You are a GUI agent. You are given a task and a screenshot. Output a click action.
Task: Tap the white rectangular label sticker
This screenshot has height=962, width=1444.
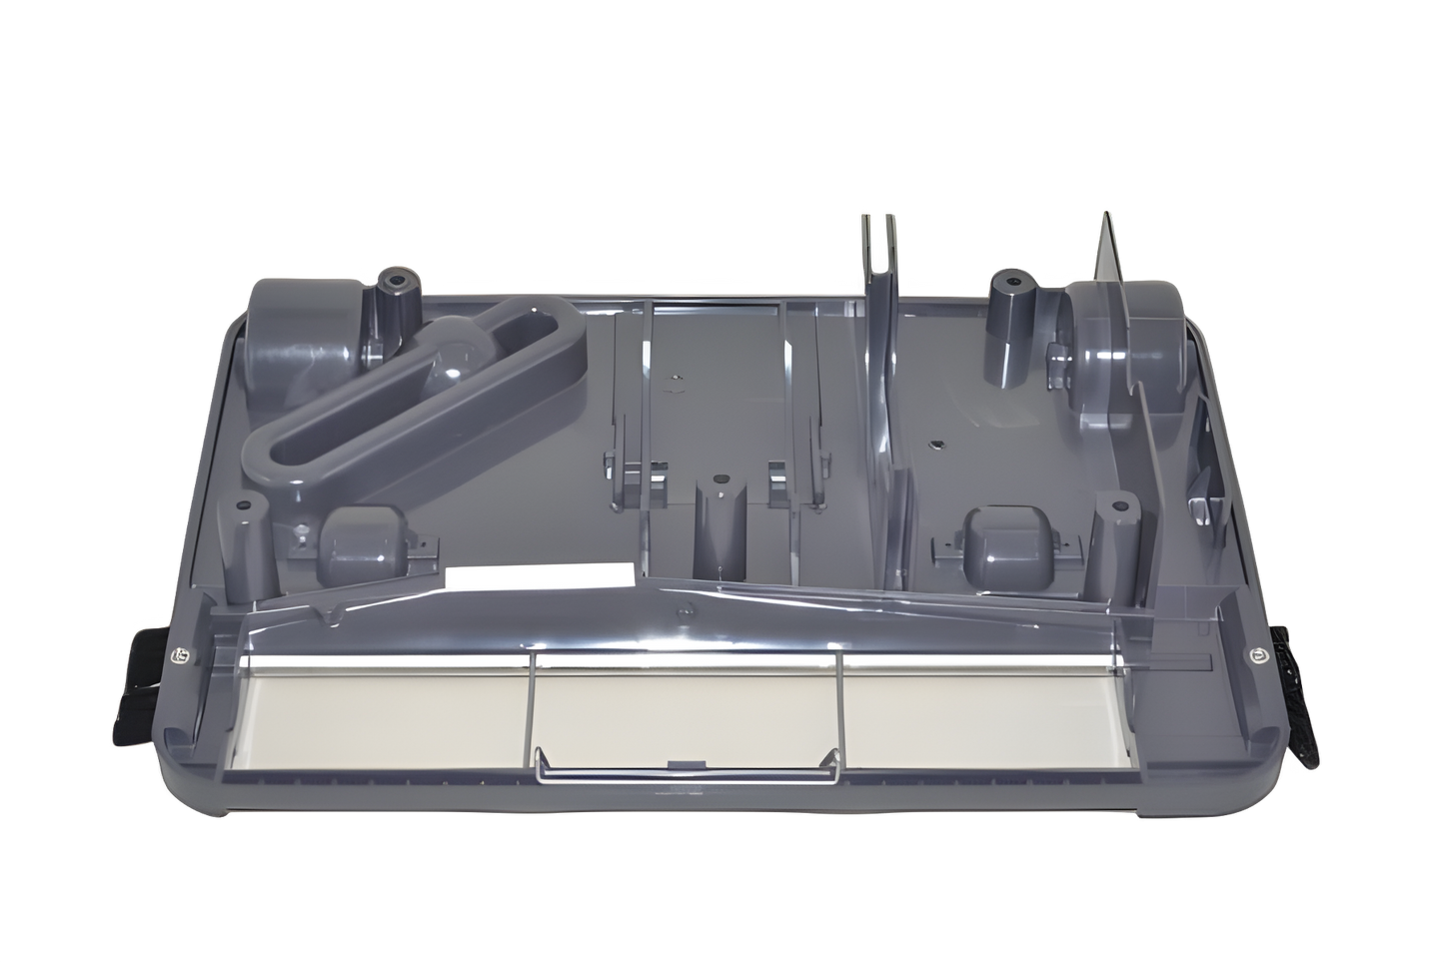(x=540, y=577)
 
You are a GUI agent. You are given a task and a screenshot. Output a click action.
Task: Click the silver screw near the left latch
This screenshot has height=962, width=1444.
(x=181, y=655)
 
